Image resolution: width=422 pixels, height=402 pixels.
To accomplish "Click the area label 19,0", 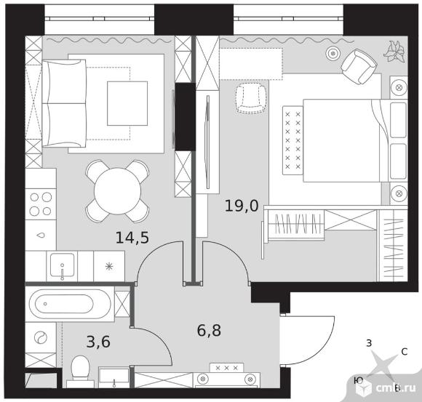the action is click(242, 206).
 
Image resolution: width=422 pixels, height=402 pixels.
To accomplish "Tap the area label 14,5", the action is click(132, 238).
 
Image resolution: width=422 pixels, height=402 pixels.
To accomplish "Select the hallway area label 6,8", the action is click(209, 331).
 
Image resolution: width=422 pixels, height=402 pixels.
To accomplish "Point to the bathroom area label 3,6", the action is click(98, 342).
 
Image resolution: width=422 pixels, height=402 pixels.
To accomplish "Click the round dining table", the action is click(117, 191).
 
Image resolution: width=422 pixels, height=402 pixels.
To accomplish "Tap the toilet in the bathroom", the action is click(81, 371).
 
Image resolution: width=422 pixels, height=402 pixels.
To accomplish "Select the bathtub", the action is click(70, 304).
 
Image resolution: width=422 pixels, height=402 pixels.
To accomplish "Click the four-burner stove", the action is click(41, 204).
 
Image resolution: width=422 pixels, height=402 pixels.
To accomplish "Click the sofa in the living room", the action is click(64, 103).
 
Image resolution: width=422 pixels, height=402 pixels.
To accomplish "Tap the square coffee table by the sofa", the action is click(127, 103).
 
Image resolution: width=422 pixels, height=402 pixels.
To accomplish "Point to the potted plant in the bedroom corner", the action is click(395, 52).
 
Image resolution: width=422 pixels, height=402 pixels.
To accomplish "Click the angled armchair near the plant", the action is click(359, 67).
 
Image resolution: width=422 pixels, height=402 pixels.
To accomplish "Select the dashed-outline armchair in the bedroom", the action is click(251, 98).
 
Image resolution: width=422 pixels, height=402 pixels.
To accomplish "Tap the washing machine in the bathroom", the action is click(41, 338).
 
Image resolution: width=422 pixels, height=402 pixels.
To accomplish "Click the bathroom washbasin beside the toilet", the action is click(114, 377).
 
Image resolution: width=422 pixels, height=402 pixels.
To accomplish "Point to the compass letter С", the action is click(404, 352).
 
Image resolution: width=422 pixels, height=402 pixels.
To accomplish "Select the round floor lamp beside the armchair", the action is click(333, 54).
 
